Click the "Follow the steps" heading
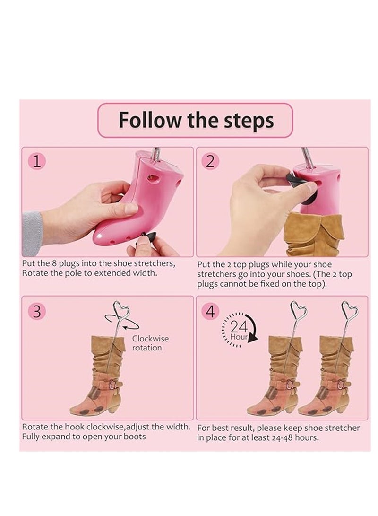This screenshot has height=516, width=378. coord(196,120)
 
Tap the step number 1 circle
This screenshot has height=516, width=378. coord(38,161)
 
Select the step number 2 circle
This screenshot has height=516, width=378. coord(210,161)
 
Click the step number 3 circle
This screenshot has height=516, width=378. coord(37,311)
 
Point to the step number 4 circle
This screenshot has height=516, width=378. coord(211,311)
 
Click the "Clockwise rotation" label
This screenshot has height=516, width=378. coord(150,343)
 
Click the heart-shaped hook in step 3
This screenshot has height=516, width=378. coord(120,313)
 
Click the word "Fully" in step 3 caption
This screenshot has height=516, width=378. coord(32,436)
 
